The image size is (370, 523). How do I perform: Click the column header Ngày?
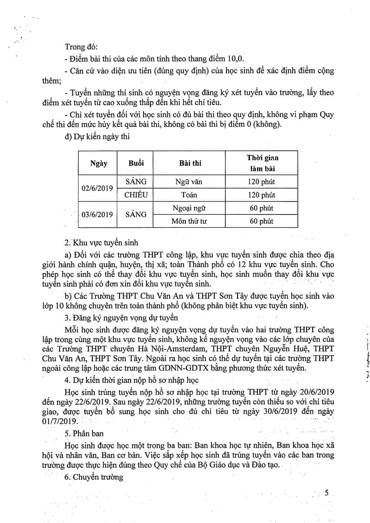tap(98, 163)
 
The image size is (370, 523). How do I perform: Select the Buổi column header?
tap(136, 163)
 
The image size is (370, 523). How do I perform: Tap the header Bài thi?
tap(190, 163)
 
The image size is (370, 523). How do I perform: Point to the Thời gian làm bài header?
tap(262, 163)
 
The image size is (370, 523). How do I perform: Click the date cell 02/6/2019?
tap(97, 188)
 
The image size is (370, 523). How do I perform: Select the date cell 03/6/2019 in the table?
tap(97, 214)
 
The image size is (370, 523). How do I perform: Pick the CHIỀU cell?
tap(136, 195)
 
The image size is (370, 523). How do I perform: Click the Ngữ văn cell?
tap(189, 182)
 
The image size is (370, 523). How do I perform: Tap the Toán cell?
tap(189, 195)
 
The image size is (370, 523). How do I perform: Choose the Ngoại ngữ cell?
tap(189, 208)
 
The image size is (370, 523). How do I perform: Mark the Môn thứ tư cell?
tap(189, 221)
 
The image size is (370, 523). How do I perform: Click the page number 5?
tap(326, 493)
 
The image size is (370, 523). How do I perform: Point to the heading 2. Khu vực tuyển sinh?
tap(101, 243)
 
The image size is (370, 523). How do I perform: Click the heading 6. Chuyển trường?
tap(94, 477)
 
